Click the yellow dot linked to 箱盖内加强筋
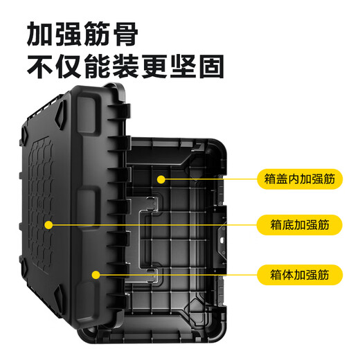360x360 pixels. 161,179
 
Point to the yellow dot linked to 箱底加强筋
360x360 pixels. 48,224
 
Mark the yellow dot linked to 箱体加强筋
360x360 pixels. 96,274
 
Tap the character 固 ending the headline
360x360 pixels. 208,67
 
